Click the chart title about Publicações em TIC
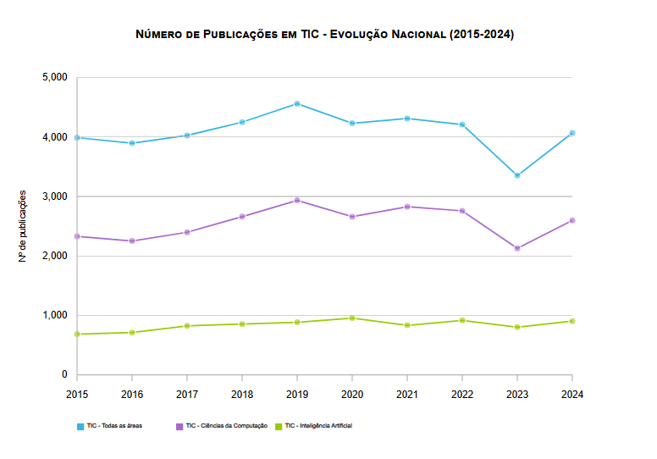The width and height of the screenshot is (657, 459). (324, 35)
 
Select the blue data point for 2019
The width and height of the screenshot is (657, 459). (297, 103)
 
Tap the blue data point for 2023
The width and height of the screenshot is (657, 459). (517, 175)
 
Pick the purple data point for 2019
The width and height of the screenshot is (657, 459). (297, 200)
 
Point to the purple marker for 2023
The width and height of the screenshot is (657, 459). (517, 248)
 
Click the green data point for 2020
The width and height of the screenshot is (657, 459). (352, 318)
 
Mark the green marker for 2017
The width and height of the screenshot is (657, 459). (187, 325)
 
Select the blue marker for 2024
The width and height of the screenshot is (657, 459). (572, 133)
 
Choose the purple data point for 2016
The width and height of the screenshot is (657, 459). (132, 241)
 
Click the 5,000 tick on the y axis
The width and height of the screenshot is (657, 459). (54, 78)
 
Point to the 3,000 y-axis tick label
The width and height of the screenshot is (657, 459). (54, 196)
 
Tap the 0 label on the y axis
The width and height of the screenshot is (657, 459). (64, 374)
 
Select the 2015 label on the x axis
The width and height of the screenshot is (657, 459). (77, 394)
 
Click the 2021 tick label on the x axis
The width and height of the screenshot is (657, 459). (407, 394)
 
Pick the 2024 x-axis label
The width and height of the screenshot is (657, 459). (572, 394)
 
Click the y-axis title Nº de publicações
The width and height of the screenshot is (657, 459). (23, 226)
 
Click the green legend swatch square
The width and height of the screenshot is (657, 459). (279, 426)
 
